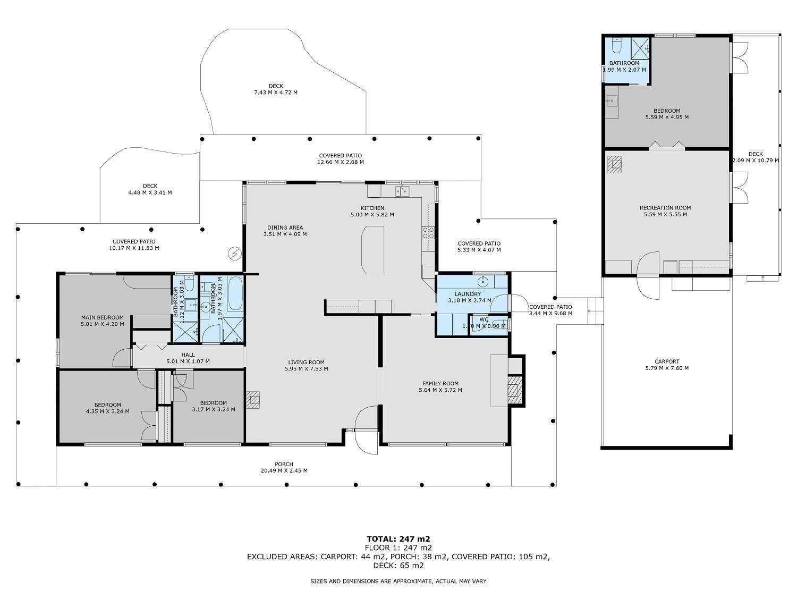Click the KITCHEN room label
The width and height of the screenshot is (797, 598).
tap(372, 208)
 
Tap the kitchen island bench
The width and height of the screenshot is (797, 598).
tap(372, 250)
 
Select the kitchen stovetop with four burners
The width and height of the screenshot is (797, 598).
tap(428, 233)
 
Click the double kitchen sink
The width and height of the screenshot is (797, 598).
tap(402, 191)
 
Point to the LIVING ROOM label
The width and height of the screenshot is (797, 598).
tap(306, 362)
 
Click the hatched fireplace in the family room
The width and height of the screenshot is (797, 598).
tap(514, 390)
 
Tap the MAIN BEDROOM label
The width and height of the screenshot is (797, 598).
tap(103, 317)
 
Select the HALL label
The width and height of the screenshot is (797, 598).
tap(188, 355)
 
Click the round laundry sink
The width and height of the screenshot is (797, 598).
tap(484, 281)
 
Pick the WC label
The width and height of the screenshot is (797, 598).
tap(484, 319)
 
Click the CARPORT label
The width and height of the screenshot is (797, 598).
tap(667, 361)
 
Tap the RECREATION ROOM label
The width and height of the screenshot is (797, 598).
tap(665, 208)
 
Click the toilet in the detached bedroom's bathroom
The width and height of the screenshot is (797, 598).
tap(617, 45)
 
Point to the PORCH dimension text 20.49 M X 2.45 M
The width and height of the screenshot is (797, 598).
tap(284, 470)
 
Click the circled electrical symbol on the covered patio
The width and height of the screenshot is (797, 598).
tap(234, 253)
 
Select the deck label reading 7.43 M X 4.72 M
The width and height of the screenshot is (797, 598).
tap(276, 92)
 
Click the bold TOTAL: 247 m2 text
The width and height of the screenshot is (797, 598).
tap(398, 539)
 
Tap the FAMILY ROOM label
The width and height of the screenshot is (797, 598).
tap(440, 383)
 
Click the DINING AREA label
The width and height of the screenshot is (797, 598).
tap(285, 228)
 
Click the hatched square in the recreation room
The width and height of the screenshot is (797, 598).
tap(614, 164)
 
